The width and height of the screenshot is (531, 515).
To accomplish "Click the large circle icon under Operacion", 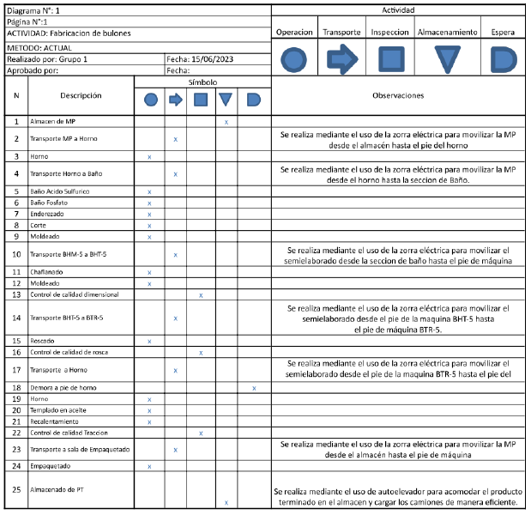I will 294,59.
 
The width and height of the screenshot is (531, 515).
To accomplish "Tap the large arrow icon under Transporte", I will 342,59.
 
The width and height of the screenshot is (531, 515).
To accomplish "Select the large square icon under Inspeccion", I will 391,59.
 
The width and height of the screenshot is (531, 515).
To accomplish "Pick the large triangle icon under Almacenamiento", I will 447,59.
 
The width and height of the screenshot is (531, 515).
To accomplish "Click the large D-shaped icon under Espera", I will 503,59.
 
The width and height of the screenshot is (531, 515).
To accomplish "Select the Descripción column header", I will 81,95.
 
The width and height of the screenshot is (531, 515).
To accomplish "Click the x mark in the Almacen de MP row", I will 226,123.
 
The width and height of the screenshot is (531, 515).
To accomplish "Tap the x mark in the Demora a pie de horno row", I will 254,388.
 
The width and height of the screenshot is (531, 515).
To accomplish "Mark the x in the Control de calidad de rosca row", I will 201,353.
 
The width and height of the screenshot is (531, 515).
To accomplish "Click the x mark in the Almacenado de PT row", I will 226,502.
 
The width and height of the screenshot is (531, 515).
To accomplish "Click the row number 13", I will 17,294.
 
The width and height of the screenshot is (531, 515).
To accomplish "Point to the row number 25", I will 17,489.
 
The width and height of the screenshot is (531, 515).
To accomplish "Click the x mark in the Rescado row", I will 150,342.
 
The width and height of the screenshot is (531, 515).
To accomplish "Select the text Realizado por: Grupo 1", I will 48,59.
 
